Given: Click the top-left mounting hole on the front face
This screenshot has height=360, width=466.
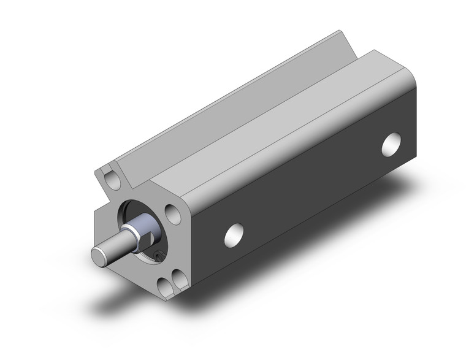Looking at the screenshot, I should point(111,179).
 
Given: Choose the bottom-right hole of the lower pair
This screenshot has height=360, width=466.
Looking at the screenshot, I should point(180,279).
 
